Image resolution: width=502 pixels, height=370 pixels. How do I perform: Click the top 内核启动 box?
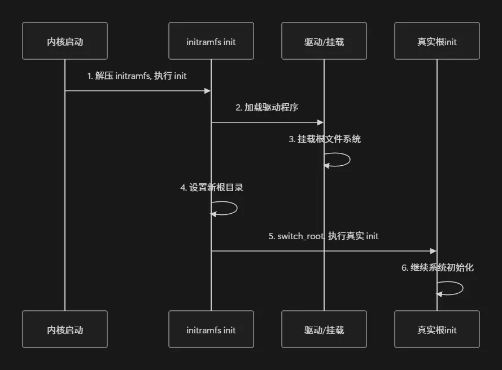(65, 41)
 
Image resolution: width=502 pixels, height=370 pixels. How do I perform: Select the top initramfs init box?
(211, 41)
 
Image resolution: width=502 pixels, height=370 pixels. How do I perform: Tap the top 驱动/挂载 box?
(324, 41)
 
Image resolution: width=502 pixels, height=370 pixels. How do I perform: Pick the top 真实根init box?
(437, 41)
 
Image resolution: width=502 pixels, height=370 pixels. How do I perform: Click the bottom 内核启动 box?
(65, 329)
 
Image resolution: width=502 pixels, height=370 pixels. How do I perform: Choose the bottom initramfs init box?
(211, 329)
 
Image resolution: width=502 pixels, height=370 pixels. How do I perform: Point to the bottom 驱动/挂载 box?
(324, 329)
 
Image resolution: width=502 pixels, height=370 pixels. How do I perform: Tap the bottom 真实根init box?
(437, 329)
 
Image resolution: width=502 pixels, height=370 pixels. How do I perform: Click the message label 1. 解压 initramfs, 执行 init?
(137, 76)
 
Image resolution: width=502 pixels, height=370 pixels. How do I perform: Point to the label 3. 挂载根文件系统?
(325, 139)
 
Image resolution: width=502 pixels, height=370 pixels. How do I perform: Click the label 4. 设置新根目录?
(212, 187)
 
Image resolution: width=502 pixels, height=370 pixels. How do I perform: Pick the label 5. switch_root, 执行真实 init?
(324, 236)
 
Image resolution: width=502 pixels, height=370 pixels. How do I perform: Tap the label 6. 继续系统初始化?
(438, 267)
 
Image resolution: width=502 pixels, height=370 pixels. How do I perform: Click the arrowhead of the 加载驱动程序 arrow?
(320, 122)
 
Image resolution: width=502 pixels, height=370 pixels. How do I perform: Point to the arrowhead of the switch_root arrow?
(433, 251)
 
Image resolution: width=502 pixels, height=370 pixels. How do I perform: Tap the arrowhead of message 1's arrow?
(207, 90)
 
